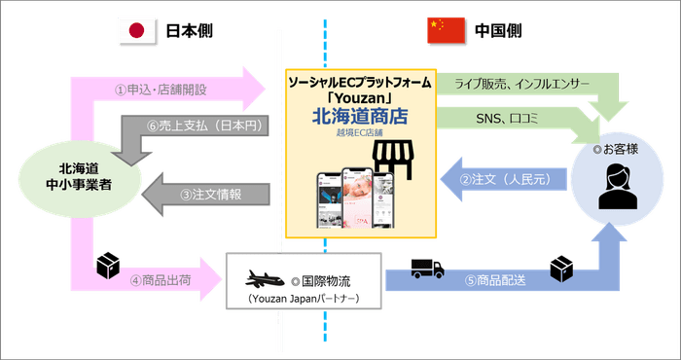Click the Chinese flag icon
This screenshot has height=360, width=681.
point(447,31)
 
